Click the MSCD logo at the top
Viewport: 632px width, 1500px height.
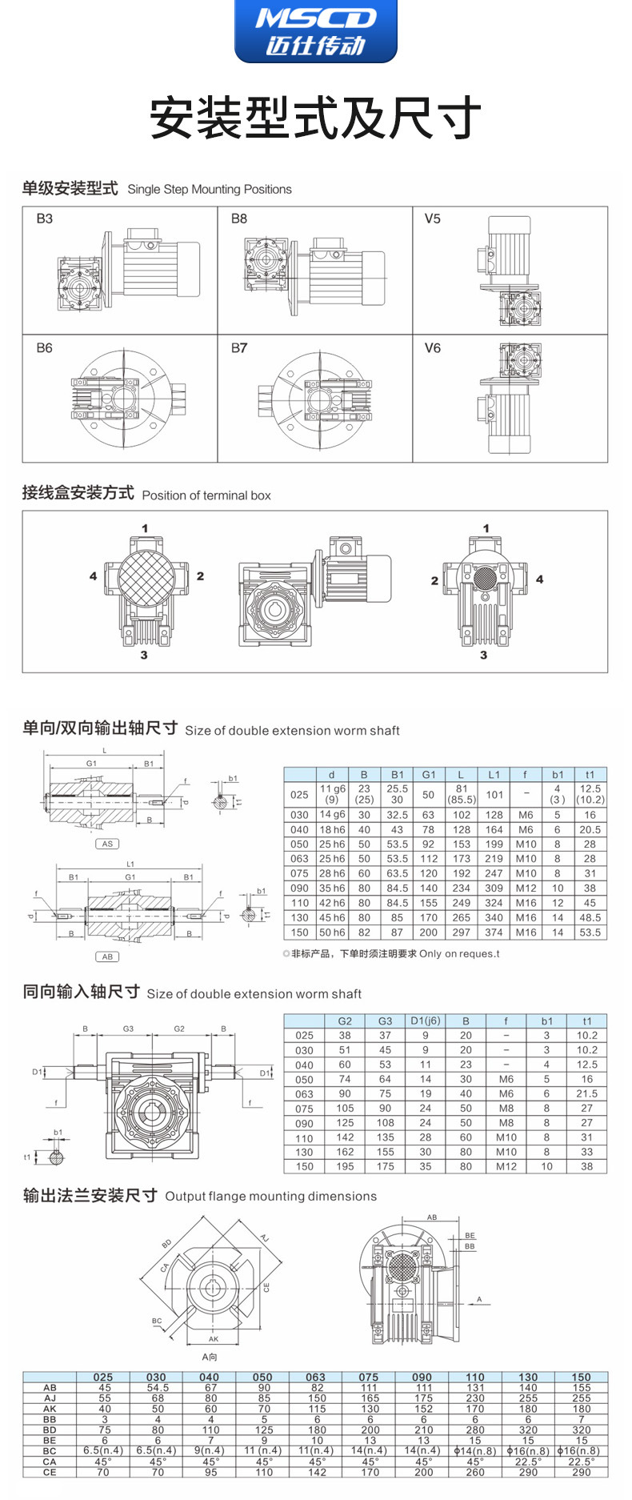(x=315, y=30)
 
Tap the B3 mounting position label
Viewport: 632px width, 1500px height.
(x=44, y=219)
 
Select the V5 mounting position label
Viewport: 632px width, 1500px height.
(x=432, y=219)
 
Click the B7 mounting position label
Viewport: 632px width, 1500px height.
(x=238, y=348)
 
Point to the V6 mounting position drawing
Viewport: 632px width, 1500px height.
(x=512, y=398)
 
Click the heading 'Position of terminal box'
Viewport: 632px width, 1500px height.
(x=206, y=495)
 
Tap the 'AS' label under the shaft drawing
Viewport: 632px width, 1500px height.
(x=107, y=844)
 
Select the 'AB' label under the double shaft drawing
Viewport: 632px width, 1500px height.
(x=107, y=957)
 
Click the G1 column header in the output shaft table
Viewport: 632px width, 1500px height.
(x=429, y=775)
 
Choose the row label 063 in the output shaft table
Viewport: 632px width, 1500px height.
(x=299, y=859)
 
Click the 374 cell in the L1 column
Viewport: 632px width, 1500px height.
(x=494, y=932)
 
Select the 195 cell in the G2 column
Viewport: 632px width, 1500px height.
(x=345, y=1166)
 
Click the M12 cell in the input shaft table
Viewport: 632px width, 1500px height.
(x=506, y=1166)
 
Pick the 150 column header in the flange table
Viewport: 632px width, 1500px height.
(x=581, y=1378)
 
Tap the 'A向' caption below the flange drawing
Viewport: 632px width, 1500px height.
(x=210, y=1357)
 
